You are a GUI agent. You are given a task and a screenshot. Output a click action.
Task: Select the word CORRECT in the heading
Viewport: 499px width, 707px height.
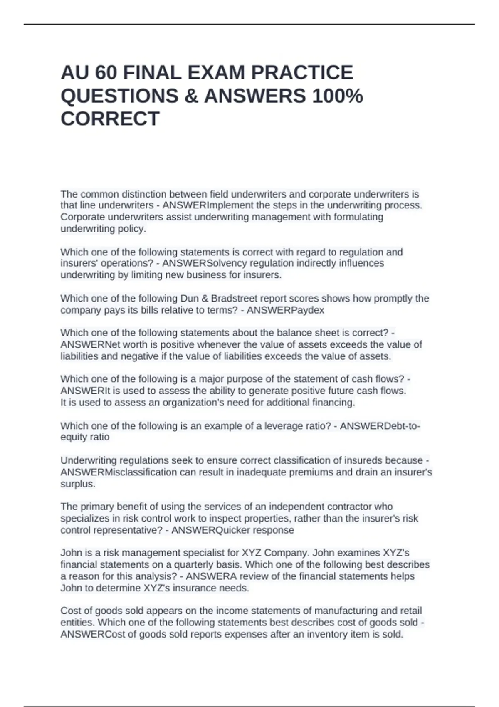coord(110,119)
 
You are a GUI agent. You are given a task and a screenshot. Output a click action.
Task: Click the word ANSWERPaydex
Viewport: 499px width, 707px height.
coord(285,310)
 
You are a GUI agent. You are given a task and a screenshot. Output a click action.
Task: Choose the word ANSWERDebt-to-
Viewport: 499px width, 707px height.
coord(380,426)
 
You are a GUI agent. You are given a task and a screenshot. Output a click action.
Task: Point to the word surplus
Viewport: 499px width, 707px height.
coord(78,484)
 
